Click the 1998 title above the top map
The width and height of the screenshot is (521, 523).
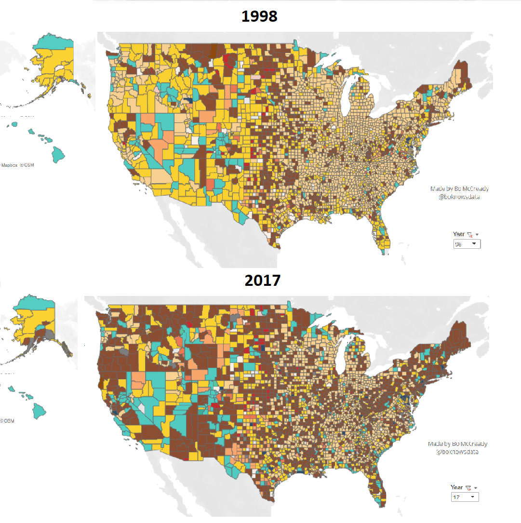tap(259, 15)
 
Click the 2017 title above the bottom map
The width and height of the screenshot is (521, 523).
tap(262, 280)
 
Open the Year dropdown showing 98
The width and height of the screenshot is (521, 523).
tap(467, 244)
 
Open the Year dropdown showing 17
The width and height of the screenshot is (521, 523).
tap(465, 497)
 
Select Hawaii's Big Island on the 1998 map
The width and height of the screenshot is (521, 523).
tap(58, 154)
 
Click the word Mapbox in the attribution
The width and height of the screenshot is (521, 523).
tap(10, 165)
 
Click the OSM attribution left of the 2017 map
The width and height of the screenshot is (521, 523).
tap(8, 421)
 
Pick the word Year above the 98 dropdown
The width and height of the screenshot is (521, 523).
tap(458, 234)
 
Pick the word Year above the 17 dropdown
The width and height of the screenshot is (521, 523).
tap(456, 487)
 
